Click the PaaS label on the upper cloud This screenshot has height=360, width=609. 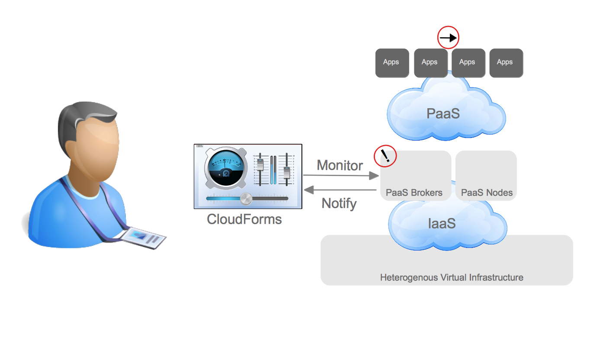click(442, 113)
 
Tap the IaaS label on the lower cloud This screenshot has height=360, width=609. click(442, 223)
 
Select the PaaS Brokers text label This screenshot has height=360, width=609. click(414, 193)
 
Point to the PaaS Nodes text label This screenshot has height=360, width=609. click(487, 193)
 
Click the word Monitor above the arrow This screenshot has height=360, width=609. click(340, 165)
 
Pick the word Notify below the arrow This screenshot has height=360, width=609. click(339, 203)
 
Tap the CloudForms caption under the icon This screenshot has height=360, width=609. click(244, 219)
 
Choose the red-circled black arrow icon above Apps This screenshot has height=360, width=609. click(448, 38)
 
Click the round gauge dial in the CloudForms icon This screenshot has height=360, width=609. click(224, 167)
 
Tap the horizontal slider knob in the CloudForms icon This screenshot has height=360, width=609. click(246, 198)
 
